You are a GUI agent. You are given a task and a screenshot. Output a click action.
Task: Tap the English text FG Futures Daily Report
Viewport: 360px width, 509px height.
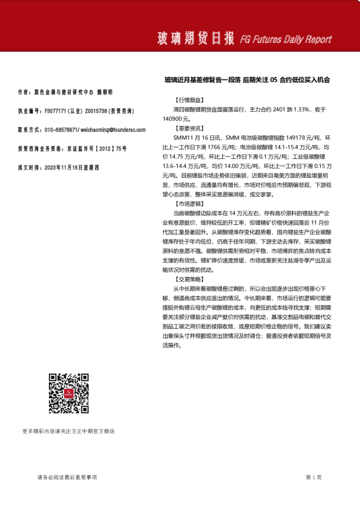coord(286,40)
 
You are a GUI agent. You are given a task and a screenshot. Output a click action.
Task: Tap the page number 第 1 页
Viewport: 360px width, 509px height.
coord(313,478)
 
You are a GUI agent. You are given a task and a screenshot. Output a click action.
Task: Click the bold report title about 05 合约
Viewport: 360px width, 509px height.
coord(247,80)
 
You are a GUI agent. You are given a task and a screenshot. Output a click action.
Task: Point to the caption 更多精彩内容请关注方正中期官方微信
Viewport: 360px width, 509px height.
coord(68,432)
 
